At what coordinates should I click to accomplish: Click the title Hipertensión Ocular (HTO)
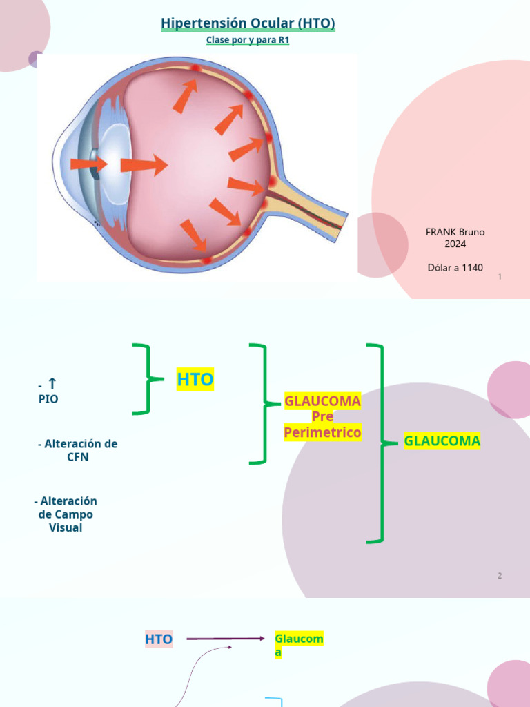[248, 23]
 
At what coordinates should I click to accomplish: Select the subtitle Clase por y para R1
[248, 40]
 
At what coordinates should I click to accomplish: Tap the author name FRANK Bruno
[455, 232]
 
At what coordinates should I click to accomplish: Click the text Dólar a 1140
[455, 267]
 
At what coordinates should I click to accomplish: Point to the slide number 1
[500, 277]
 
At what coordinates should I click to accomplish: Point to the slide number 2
[500, 576]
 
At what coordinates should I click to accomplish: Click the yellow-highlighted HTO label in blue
[195, 379]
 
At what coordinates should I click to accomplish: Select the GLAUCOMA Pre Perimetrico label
[323, 416]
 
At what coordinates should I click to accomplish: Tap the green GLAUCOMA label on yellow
[442, 440]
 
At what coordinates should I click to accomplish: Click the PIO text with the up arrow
[48, 391]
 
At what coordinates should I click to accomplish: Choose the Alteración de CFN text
[77, 450]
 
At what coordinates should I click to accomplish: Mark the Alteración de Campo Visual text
[66, 514]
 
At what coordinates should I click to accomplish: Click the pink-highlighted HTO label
[159, 639]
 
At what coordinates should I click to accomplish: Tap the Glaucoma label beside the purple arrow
[299, 646]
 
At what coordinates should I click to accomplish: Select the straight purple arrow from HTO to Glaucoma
[226, 639]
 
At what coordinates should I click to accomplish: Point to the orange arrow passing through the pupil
[89, 164]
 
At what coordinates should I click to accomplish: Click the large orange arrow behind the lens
[144, 165]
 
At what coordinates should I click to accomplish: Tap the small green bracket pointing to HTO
[148, 379]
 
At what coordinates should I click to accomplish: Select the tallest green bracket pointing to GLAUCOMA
[382, 443]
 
